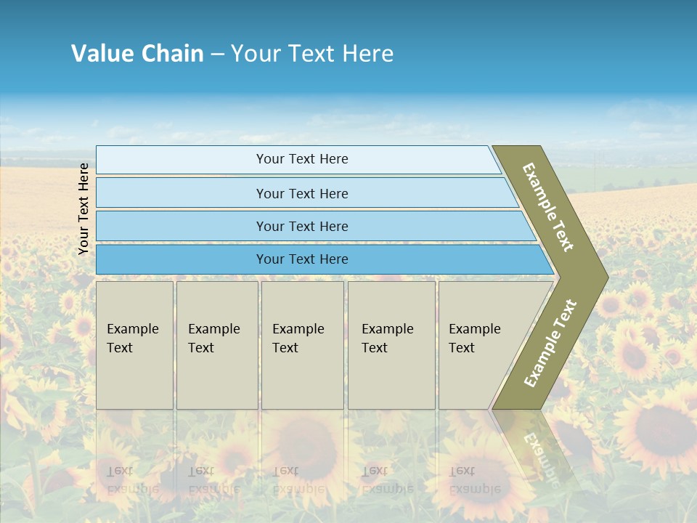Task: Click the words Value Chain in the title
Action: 137,54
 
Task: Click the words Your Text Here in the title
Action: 312,54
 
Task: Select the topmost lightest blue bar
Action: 301,160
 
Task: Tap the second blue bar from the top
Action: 301,193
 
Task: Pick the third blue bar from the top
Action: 301,226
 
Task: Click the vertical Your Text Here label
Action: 83,209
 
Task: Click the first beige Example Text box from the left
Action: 134,345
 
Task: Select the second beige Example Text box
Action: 216,345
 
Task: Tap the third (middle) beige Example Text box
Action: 302,345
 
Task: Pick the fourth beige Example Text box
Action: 391,345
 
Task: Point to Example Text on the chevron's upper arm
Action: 548,207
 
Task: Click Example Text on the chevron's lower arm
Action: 550,343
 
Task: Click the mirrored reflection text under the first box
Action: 132,479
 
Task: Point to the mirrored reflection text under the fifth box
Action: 474,479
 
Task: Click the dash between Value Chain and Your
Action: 217,54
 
